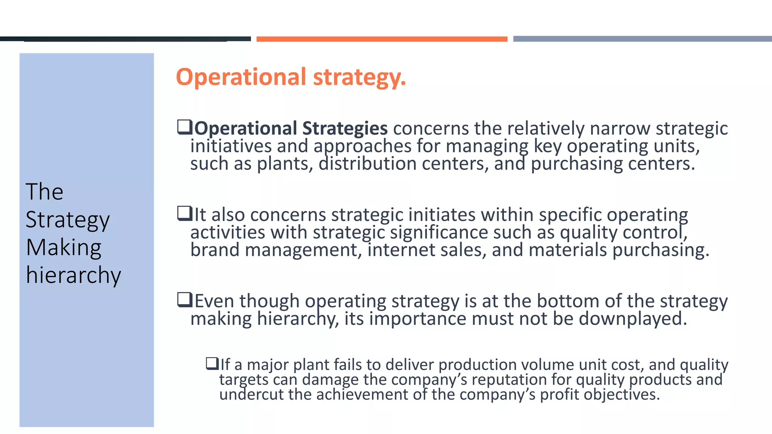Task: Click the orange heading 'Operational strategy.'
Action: coord(291,77)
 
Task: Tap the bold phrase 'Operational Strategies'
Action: coord(291,128)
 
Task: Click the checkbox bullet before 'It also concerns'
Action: coord(185,214)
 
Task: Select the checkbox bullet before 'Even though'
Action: coord(185,300)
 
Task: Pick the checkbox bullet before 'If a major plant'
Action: coord(212,364)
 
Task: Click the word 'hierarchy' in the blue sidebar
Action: coord(74,275)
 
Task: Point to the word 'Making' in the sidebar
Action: coord(64,248)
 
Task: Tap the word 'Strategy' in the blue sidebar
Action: coord(68,220)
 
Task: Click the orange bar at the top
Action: coord(381,39)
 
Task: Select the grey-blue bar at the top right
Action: coord(642,39)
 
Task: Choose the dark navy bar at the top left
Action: coord(125,39)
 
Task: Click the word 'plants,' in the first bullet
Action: coord(285,164)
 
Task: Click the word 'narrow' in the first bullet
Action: coord(620,128)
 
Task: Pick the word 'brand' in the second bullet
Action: coord(215,250)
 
